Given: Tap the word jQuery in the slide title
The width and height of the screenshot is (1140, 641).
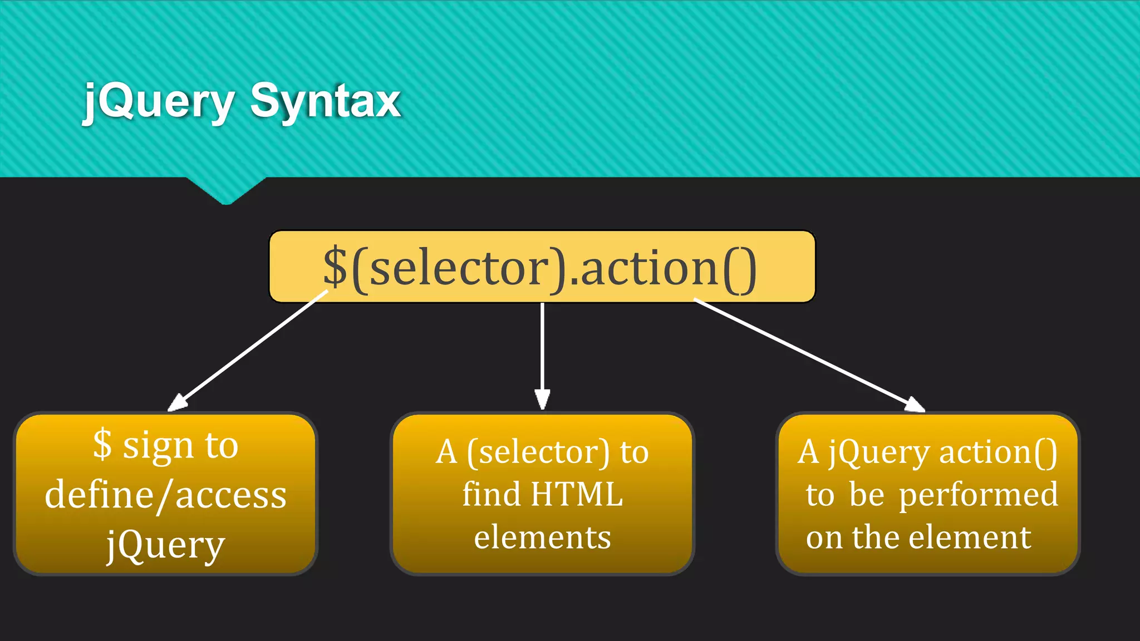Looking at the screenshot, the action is tap(159, 101).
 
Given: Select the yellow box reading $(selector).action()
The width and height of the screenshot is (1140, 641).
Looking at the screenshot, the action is tap(542, 267).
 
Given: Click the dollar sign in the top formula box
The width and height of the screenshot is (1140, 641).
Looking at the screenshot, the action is tap(335, 267).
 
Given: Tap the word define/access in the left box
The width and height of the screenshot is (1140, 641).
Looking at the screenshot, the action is tap(166, 495).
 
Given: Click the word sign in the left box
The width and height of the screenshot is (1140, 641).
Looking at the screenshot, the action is tap(158, 446).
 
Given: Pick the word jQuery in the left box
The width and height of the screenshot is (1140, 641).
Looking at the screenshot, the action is tap(166, 545).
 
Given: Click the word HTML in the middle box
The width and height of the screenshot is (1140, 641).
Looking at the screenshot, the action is tap(577, 494).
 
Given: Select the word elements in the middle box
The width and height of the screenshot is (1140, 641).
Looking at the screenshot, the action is tap(542, 538).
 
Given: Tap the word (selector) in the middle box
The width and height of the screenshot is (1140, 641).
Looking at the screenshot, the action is tap(538, 452).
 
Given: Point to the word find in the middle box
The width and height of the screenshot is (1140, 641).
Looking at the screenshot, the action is tap(491, 494).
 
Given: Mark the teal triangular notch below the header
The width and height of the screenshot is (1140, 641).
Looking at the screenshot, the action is tap(226, 190).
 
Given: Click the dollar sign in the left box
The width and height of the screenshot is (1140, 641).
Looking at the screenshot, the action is tap(102, 444).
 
